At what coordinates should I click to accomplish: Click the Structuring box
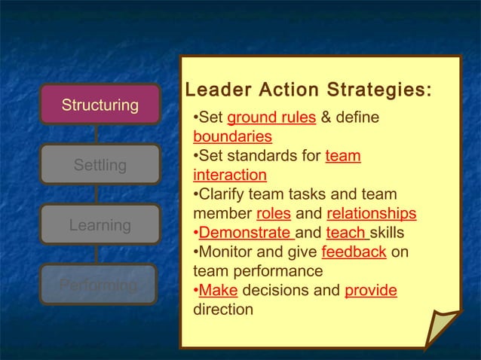point(100,104)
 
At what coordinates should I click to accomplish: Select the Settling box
point(100,164)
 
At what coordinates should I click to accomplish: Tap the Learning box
point(100,224)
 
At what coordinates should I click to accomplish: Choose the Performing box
point(100,285)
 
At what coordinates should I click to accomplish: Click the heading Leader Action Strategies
point(308,91)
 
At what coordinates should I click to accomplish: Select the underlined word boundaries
point(232,137)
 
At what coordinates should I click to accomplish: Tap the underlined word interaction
point(230,175)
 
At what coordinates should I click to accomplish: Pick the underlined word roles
point(274,214)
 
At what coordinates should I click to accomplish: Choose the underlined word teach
point(347,233)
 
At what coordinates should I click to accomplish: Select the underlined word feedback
point(354,252)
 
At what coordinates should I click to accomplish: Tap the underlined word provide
point(371,290)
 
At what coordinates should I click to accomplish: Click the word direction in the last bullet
point(223,310)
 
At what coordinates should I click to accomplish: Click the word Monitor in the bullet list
point(225,252)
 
